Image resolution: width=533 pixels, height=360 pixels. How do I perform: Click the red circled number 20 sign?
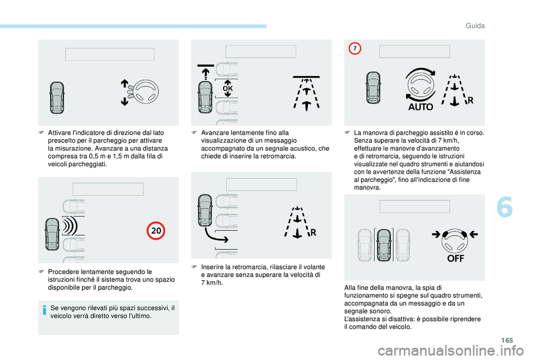155,231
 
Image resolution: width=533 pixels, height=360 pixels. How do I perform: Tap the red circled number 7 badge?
355,49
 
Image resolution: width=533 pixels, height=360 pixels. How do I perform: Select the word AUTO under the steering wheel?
420,107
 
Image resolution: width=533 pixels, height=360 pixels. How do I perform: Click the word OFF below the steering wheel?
455,258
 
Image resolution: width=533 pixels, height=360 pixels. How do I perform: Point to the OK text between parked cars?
228,88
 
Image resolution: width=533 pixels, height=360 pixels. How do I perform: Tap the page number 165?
507,340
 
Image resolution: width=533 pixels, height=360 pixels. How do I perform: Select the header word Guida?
475,26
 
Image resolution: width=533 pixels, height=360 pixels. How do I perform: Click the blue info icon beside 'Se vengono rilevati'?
44,310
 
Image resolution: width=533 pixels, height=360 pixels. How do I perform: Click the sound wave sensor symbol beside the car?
70,226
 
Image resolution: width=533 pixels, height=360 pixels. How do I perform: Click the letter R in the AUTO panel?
470,100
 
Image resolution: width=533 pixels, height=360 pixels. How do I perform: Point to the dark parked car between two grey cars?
384,245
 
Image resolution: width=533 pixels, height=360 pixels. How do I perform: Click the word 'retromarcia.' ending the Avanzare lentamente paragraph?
280,156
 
